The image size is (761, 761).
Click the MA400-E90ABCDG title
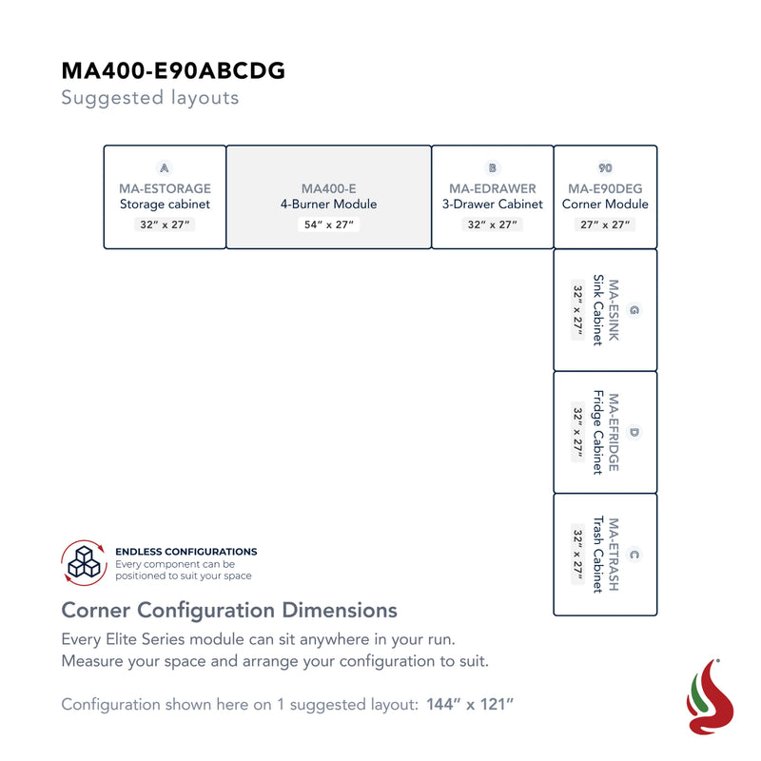click(x=173, y=70)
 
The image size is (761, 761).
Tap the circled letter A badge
click(x=165, y=168)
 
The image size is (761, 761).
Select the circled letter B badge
click(x=493, y=168)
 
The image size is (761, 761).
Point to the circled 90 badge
click(x=605, y=168)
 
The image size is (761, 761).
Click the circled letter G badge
click(x=634, y=310)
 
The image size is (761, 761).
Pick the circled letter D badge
click(x=634, y=433)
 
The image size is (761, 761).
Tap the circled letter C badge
click(x=634, y=555)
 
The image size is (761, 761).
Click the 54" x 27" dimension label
click(x=328, y=224)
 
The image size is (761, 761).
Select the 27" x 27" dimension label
click(x=605, y=224)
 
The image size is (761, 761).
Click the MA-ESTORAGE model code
click(x=165, y=188)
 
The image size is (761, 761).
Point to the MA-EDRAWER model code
click(x=493, y=188)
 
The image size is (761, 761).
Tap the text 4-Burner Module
click(x=328, y=204)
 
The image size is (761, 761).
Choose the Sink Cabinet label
click(x=598, y=310)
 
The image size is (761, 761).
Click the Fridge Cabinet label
click(x=598, y=432)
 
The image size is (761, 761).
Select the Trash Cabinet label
click(x=598, y=555)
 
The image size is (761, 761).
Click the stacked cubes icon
click(x=84, y=562)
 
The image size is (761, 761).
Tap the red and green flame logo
click(x=710, y=697)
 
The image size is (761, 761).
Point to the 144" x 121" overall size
click(x=470, y=704)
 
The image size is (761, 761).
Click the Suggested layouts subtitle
click(x=150, y=98)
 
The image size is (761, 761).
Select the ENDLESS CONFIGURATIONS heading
click(x=186, y=552)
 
